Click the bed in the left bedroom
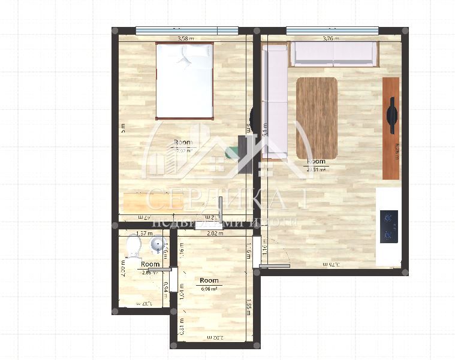click(185, 80)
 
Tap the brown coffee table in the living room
click(317, 117)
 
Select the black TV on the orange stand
click(392, 115)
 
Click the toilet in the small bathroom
click(134, 245)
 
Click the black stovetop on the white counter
click(390, 226)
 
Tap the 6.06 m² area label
click(209, 288)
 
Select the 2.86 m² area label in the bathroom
click(150, 273)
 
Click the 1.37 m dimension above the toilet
click(144, 234)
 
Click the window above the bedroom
click(186, 30)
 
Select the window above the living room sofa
click(332, 30)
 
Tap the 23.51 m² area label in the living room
click(316, 170)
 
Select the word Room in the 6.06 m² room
click(209, 280)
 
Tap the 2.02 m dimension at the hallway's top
click(215, 234)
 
